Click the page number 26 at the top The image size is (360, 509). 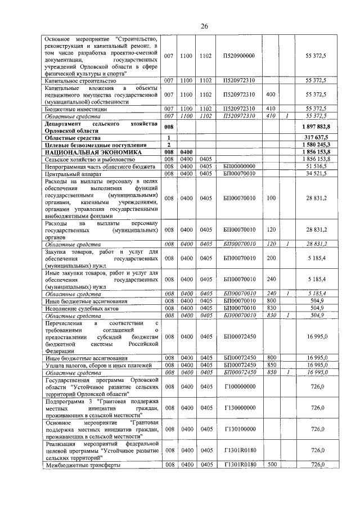click(x=205, y=26)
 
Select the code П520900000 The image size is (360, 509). click(x=239, y=56)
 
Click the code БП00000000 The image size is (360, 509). click(x=239, y=166)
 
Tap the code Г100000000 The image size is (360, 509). click(x=239, y=387)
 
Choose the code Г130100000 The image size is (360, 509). click(x=239, y=429)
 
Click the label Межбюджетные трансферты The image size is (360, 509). click(x=83, y=465)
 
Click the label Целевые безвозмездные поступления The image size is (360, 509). click(x=93, y=145)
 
